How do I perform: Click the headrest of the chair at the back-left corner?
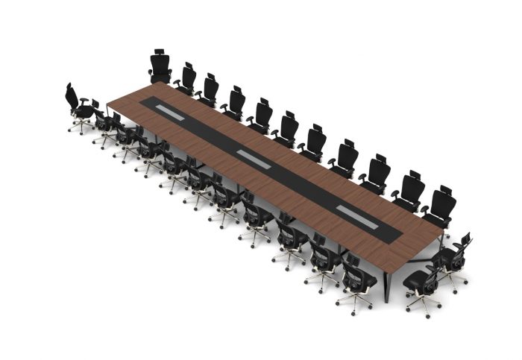[160, 54]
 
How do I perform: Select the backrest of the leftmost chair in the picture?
[72, 98]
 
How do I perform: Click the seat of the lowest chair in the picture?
[418, 284]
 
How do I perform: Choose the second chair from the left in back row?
[186, 78]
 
